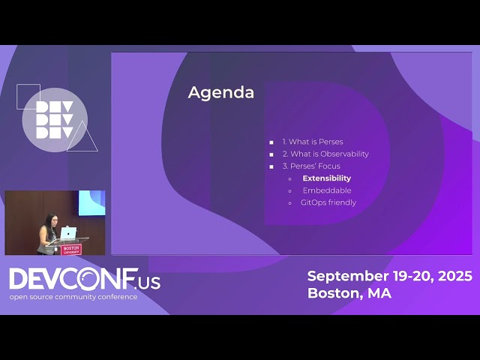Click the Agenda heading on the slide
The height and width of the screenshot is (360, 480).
(220, 92)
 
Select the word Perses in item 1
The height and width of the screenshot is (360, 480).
(331, 142)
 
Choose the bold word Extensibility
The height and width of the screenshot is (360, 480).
(326, 178)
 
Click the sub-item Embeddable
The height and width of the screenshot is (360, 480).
(326, 190)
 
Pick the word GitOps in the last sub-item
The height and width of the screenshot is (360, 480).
(313, 202)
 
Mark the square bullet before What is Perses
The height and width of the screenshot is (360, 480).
(271, 142)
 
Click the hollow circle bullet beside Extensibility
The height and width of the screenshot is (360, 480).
(290, 178)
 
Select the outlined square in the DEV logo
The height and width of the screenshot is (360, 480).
(28, 96)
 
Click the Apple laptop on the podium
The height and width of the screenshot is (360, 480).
(68, 232)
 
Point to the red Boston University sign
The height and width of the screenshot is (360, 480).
(71, 248)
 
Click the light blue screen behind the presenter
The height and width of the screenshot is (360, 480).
(91, 202)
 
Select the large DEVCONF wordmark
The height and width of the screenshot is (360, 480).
(73, 279)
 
